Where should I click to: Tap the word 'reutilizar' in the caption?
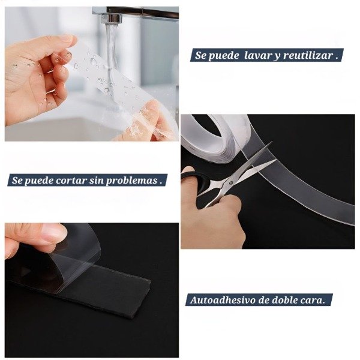tap(308, 55)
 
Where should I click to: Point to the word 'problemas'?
tap(131, 181)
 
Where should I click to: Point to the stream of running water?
tap(110, 58)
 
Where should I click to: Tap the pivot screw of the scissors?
tap(231, 183)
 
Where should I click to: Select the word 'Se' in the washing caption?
tap(200, 56)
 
